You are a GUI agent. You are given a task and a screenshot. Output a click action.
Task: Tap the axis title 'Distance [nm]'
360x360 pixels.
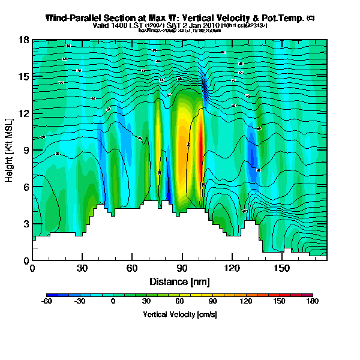[x=179, y=281]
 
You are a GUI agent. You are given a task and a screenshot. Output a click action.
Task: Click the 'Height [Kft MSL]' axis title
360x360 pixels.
[x=10, y=150]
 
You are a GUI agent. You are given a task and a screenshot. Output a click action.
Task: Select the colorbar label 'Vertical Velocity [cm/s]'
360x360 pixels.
[x=180, y=314]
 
